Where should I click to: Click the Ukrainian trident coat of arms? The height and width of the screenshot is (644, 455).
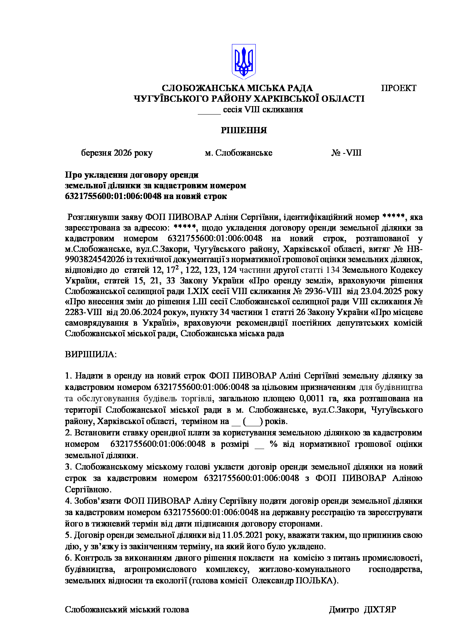pos(244,61)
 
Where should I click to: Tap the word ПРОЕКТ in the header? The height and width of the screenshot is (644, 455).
pos(398,88)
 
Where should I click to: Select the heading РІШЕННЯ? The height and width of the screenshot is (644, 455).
pos(244,130)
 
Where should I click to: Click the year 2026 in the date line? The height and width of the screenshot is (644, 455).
pos(123,153)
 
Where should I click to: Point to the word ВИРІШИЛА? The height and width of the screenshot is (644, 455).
pos(91,355)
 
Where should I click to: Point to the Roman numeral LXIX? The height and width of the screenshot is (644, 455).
pos(198,291)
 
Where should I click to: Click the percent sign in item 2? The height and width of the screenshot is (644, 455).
pos(273,444)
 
